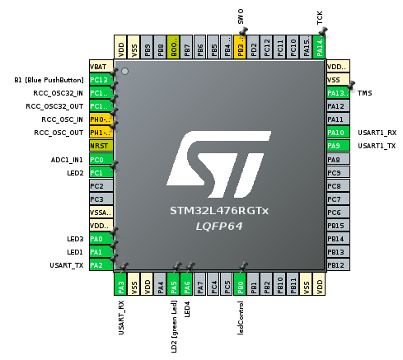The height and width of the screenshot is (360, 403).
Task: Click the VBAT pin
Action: click(x=99, y=66)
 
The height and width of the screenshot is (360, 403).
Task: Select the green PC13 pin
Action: click(x=99, y=79)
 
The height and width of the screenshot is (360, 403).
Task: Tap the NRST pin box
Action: click(x=99, y=145)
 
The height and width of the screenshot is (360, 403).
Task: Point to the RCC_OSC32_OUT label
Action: click(x=52, y=106)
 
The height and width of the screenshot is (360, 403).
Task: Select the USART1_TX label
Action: click(x=377, y=146)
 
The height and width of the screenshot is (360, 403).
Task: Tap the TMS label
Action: click(x=365, y=93)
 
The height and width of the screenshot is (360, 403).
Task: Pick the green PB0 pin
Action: click(x=240, y=285)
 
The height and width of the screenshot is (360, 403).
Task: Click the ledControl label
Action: click(x=241, y=317)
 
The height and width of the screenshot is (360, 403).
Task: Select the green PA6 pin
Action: click(x=187, y=285)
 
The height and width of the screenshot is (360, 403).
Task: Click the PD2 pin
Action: click(x=253, y=46)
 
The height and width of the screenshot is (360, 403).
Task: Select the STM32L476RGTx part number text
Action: click(x=218, y=210)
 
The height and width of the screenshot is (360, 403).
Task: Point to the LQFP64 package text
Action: click(x=218, y=225)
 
